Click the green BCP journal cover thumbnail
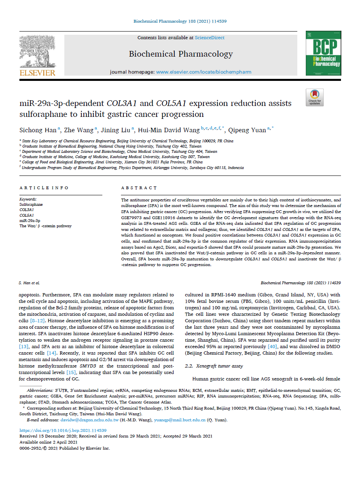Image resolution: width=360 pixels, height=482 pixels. tap(323, 54)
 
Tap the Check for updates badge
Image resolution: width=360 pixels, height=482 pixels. tap(314, 97)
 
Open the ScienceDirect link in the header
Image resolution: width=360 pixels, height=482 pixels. tap(210, 38)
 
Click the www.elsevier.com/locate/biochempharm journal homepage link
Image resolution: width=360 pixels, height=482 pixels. tap(203, 72)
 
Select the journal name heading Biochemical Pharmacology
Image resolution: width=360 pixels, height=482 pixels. tap(181, 54)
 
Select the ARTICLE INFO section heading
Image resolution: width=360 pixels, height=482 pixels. tap(44, 188)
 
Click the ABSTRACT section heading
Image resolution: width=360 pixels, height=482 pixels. tap(139, 188)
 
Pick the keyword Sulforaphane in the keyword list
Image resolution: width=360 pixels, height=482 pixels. tap(31, 205)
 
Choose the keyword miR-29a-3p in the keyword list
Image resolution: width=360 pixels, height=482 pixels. tap(30, 220)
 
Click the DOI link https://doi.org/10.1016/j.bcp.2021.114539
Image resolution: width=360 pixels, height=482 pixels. tap(63, 431)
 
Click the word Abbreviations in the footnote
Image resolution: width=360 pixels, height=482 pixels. tap(39, 391)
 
